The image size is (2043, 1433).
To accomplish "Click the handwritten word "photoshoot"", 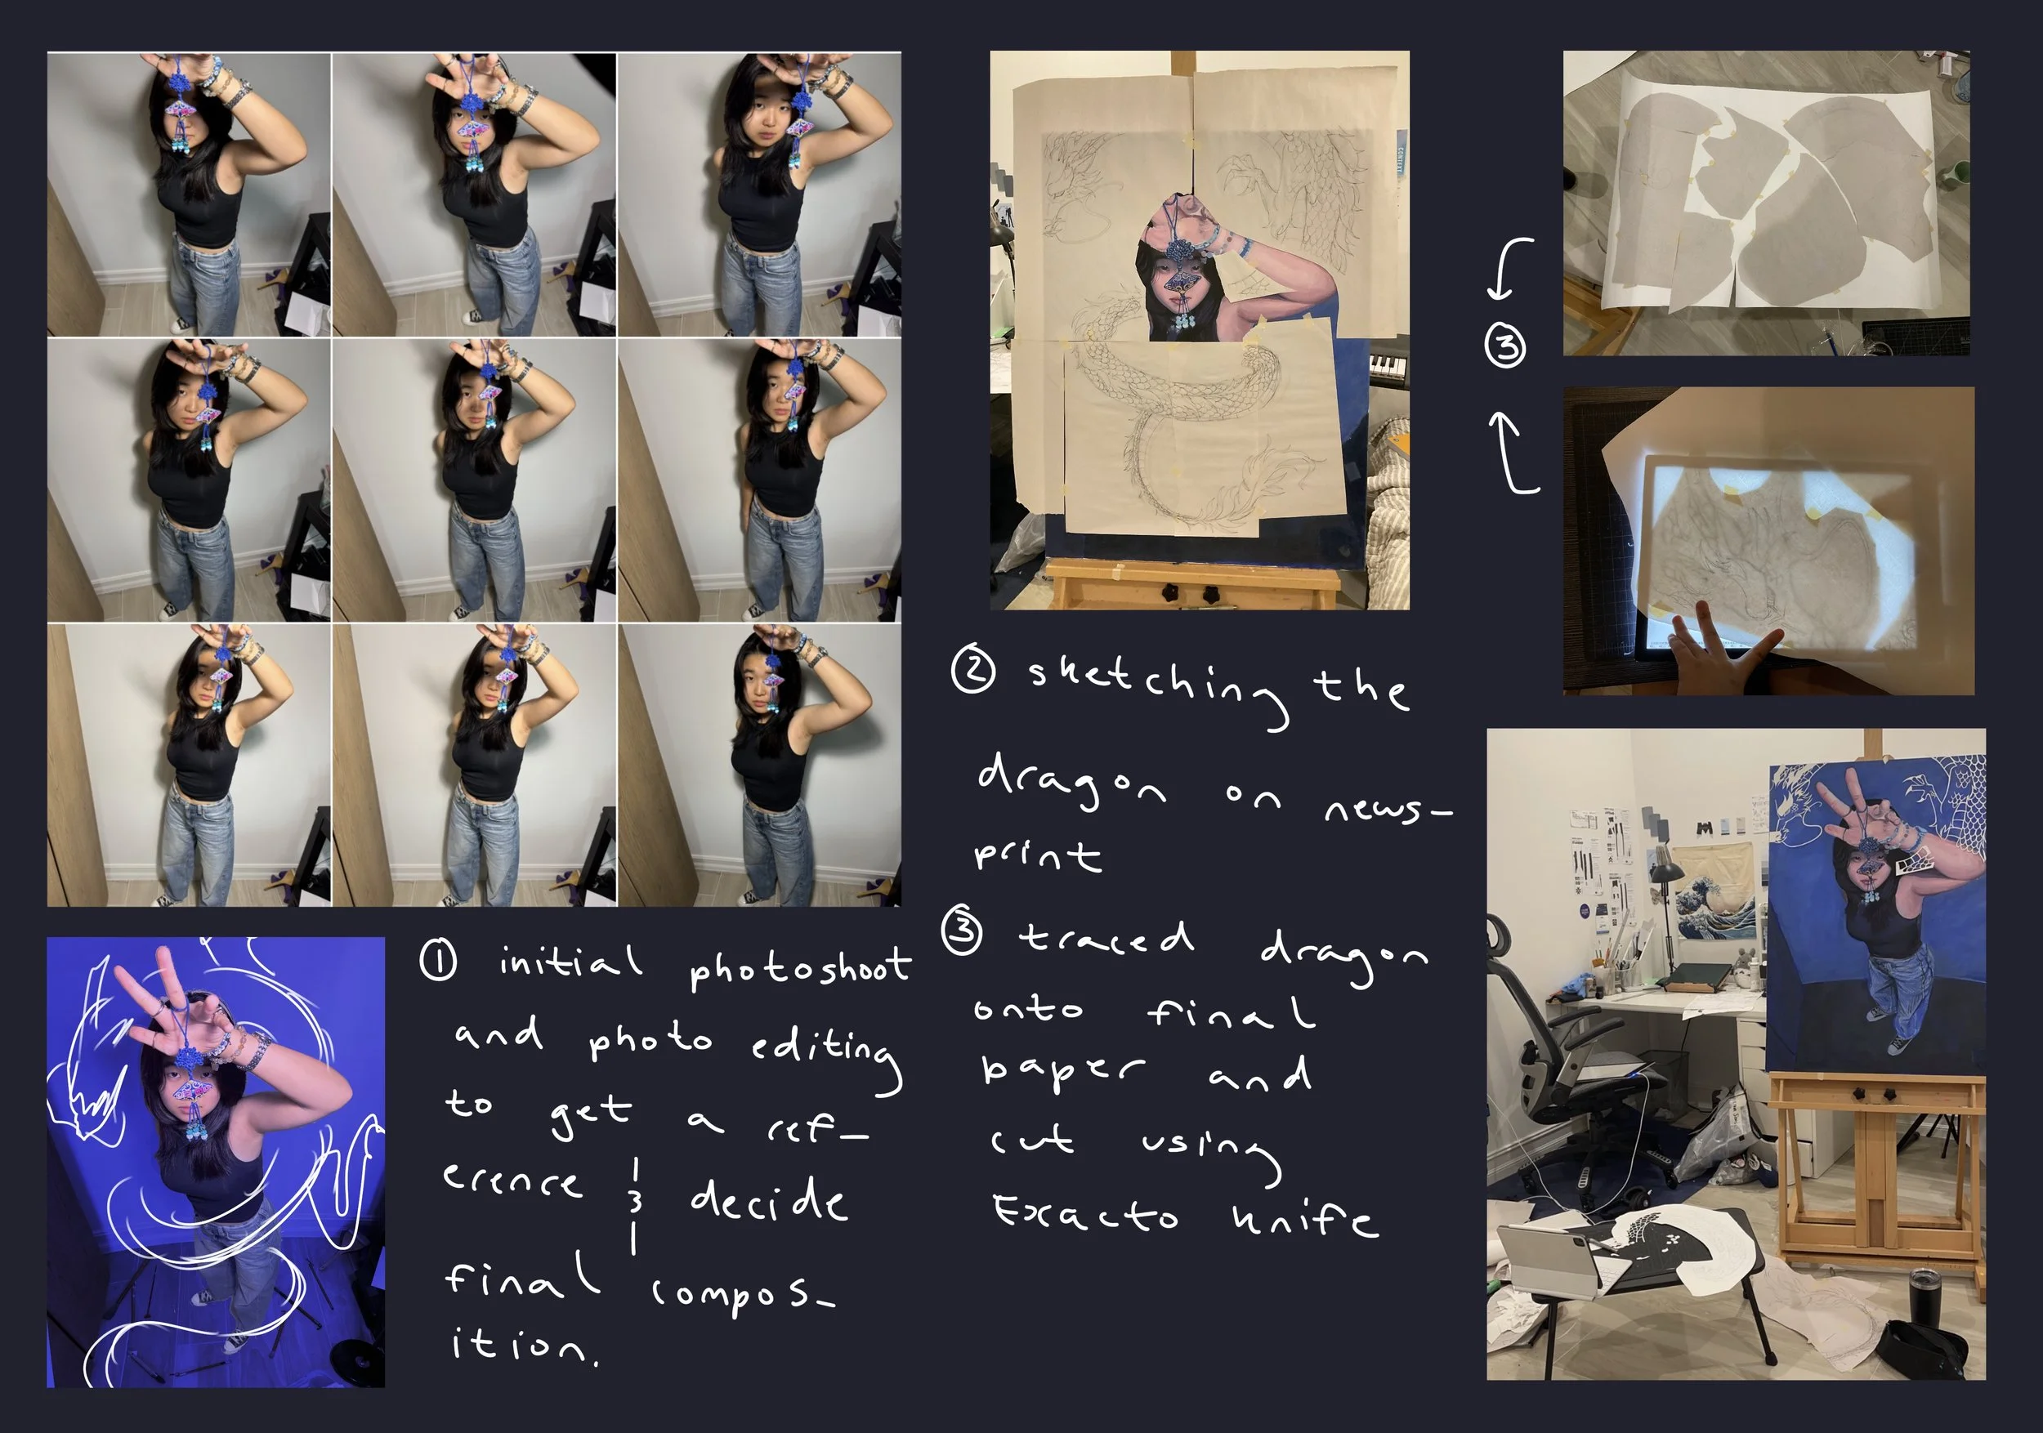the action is pos(800,970).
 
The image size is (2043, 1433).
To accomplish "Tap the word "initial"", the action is pos(570,962).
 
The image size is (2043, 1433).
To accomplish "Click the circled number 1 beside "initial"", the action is pos(438,962).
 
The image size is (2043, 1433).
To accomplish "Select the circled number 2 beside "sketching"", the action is pos(972,671).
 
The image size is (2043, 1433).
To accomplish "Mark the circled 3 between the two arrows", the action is pos(1505,346).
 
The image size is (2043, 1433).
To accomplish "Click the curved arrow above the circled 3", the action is pos(1501,267).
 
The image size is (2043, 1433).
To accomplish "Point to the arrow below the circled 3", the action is pos(1509,453).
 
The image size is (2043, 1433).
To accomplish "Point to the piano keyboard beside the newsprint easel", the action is pos(1388,367).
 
